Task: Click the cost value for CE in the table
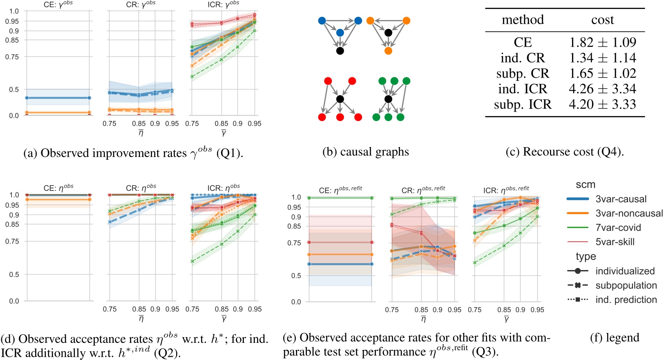coord(603,42)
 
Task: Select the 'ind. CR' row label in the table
coord(523,58)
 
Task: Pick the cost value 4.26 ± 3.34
coord(603,89)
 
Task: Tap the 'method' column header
coord(523,20)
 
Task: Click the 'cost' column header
coord(603,20)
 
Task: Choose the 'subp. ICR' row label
coord(523,105)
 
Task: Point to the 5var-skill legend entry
coord(615,242)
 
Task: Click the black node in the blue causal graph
coord(340,51)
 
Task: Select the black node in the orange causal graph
coord(388,33)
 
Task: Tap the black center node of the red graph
coord(340,99)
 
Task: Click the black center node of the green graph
coord(388,99)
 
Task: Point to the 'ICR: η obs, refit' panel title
coord(506,190)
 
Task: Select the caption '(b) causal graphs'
coord(365,152)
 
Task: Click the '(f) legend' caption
coord(615,338)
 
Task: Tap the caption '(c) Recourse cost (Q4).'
coord(564,152)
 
